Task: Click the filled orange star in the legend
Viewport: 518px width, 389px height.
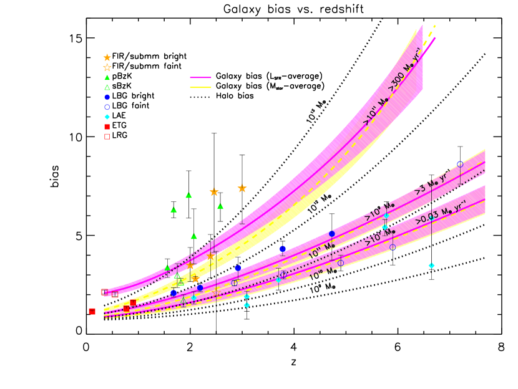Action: [x=107, y=57]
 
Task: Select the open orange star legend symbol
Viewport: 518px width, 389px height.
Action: [x=107, y=67]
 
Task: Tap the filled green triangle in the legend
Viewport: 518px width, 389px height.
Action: [x=107, y=77]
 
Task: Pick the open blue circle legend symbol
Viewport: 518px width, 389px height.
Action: [x=107, y=107]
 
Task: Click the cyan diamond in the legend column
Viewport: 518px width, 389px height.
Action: [x=107, y=117]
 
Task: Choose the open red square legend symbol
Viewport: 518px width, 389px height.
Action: [x=107, y=137]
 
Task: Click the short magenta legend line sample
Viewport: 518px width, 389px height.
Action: [x=200, y=78]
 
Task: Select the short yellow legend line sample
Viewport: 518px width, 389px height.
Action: [x=200, y=88]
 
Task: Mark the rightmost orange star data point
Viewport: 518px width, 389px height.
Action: [x=242, y=188]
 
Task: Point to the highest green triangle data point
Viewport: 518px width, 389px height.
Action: [x=188, y=195]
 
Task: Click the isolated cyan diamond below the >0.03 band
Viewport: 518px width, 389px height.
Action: [x=431, y=266]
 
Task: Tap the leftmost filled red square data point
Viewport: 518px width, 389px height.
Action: [x=92, y=311]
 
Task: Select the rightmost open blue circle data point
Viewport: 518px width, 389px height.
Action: [x=460, y=164]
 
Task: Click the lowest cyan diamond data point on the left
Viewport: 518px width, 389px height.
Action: [x=247, y=305]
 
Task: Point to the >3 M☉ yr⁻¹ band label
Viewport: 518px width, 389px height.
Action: [x=431, y=181]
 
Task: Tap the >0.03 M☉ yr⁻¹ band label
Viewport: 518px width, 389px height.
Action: [x=441, y=213]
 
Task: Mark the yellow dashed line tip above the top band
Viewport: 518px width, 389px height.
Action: [x=434, y=27]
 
